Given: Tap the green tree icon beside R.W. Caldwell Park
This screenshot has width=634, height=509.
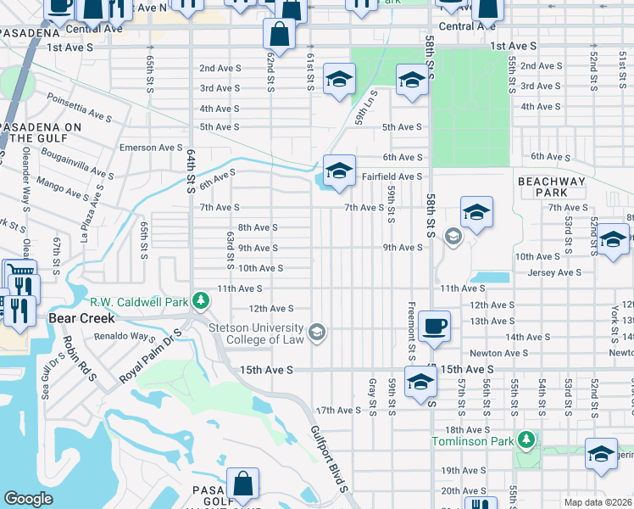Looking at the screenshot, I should (x=201, y=300).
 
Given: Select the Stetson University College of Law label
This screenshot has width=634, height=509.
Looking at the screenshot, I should (x=257, y=333).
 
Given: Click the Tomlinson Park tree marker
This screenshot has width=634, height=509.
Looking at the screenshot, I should (x=527, y=439).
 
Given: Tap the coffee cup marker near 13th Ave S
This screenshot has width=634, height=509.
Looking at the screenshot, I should (x=434, y=326).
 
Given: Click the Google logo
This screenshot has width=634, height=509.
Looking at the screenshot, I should (x=28, y=499).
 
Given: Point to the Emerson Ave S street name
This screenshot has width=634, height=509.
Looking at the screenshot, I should (x=150, y=148).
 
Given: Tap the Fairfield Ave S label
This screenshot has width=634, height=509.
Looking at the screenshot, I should (x=392, y=176).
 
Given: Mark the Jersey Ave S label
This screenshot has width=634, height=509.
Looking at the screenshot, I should (x=554, y=272).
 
